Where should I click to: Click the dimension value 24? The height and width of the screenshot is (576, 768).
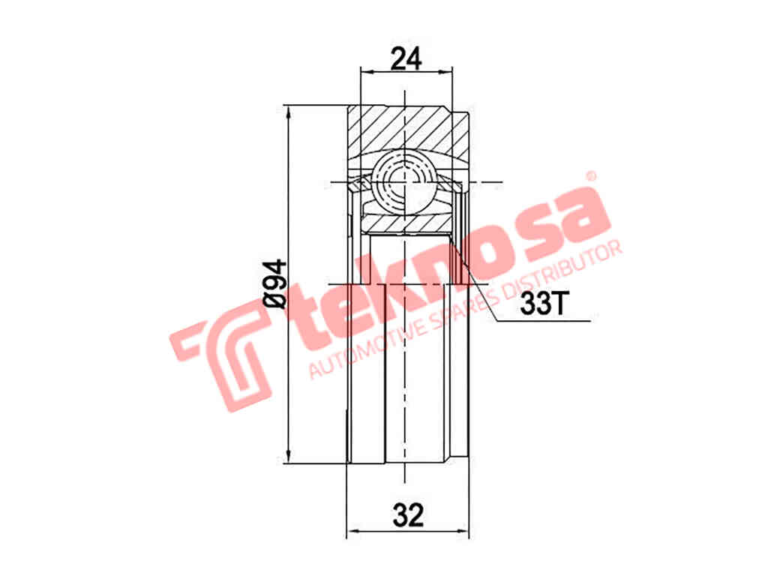coord(406,58)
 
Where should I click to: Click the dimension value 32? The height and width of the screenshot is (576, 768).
coord(407,515)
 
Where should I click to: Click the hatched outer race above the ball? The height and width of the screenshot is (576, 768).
coord(405,127)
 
